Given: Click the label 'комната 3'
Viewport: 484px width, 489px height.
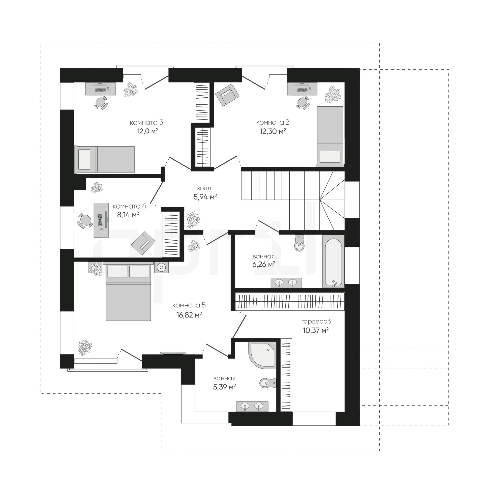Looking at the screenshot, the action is [146, 123].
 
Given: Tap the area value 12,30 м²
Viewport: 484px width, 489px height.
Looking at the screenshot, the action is [273, 131].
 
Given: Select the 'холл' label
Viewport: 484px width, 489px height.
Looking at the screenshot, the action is [204, 188].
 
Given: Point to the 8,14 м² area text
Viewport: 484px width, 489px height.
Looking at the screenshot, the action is [128, 215].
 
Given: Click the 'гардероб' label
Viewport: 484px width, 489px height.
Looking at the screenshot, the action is [316, 322].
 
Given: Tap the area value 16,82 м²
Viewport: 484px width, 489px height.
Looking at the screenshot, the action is [189, 315].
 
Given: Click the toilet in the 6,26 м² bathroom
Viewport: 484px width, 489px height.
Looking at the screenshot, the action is [299, 243].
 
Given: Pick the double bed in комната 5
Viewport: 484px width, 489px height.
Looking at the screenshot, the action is [128, 291].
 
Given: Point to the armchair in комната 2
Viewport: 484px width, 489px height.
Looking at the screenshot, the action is [227, 95].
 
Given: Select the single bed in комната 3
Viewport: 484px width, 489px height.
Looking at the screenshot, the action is [105, 159].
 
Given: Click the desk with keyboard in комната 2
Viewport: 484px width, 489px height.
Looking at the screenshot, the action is [302, 89].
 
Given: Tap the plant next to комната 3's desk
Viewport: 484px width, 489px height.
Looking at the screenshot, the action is [131, 90].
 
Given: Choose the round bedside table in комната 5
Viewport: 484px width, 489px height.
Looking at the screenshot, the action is [161, 267].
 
